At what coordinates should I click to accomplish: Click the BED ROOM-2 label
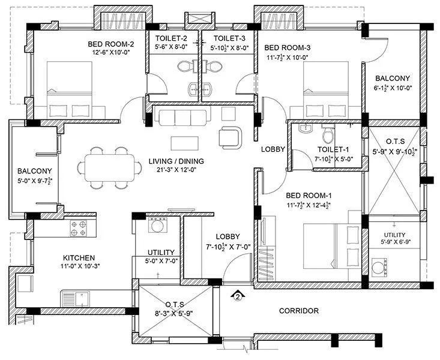[x=111, y=44]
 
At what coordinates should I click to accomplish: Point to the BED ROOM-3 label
[x=287, y=47]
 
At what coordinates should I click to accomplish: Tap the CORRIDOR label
[x=298, y=311]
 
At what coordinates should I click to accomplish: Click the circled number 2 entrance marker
[x=238, y=296]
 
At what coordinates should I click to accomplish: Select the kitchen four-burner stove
[x=79, y=228]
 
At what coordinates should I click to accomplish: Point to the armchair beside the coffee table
[x=231, y=136]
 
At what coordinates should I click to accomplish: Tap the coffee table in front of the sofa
[x=184, y=143]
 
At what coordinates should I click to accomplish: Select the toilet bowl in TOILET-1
[x=328, y=131]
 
